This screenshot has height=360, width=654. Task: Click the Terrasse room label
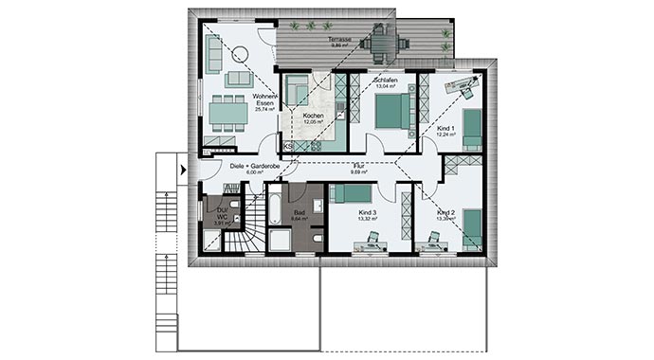point(339,41)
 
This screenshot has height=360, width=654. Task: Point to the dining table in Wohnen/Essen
point(227,114)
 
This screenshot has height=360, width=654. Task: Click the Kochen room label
point(315,117)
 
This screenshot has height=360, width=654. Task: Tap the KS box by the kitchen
point(287,146)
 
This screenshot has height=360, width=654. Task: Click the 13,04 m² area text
point(384,86)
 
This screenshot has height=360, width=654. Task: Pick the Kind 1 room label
point(446,128)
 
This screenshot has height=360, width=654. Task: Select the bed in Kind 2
point(471,225)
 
